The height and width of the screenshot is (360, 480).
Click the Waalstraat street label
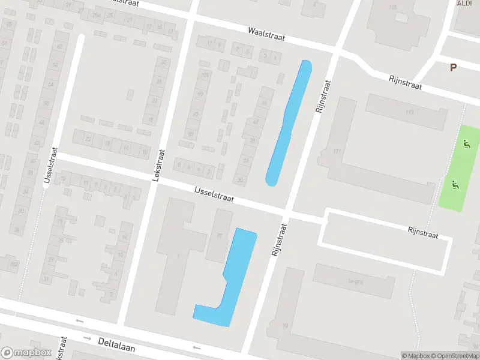267,34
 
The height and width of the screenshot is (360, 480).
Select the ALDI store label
464,3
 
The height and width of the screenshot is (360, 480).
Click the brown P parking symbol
453,68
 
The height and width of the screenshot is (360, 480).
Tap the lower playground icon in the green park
455,185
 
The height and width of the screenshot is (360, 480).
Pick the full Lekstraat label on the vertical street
157,164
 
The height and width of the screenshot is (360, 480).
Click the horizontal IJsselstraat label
214,193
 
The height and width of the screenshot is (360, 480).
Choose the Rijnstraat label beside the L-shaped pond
279,239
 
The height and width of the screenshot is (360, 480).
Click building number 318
392,7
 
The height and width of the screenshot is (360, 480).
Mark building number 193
410,112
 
